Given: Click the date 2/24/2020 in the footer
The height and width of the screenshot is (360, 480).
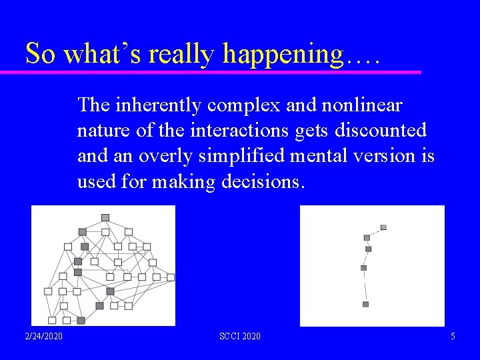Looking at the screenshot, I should (45, 336).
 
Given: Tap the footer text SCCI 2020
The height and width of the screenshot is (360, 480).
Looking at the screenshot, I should (240, 336).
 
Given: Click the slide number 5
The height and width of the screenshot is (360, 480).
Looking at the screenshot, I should (453, 336).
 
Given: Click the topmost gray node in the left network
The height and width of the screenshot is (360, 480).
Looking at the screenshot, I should (105, 217).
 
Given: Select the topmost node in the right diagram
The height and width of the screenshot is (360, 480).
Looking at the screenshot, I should (383, 227).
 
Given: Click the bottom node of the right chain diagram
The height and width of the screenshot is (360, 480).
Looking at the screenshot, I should (365, 304).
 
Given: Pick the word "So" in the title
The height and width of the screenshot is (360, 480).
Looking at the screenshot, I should (40, 53).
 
